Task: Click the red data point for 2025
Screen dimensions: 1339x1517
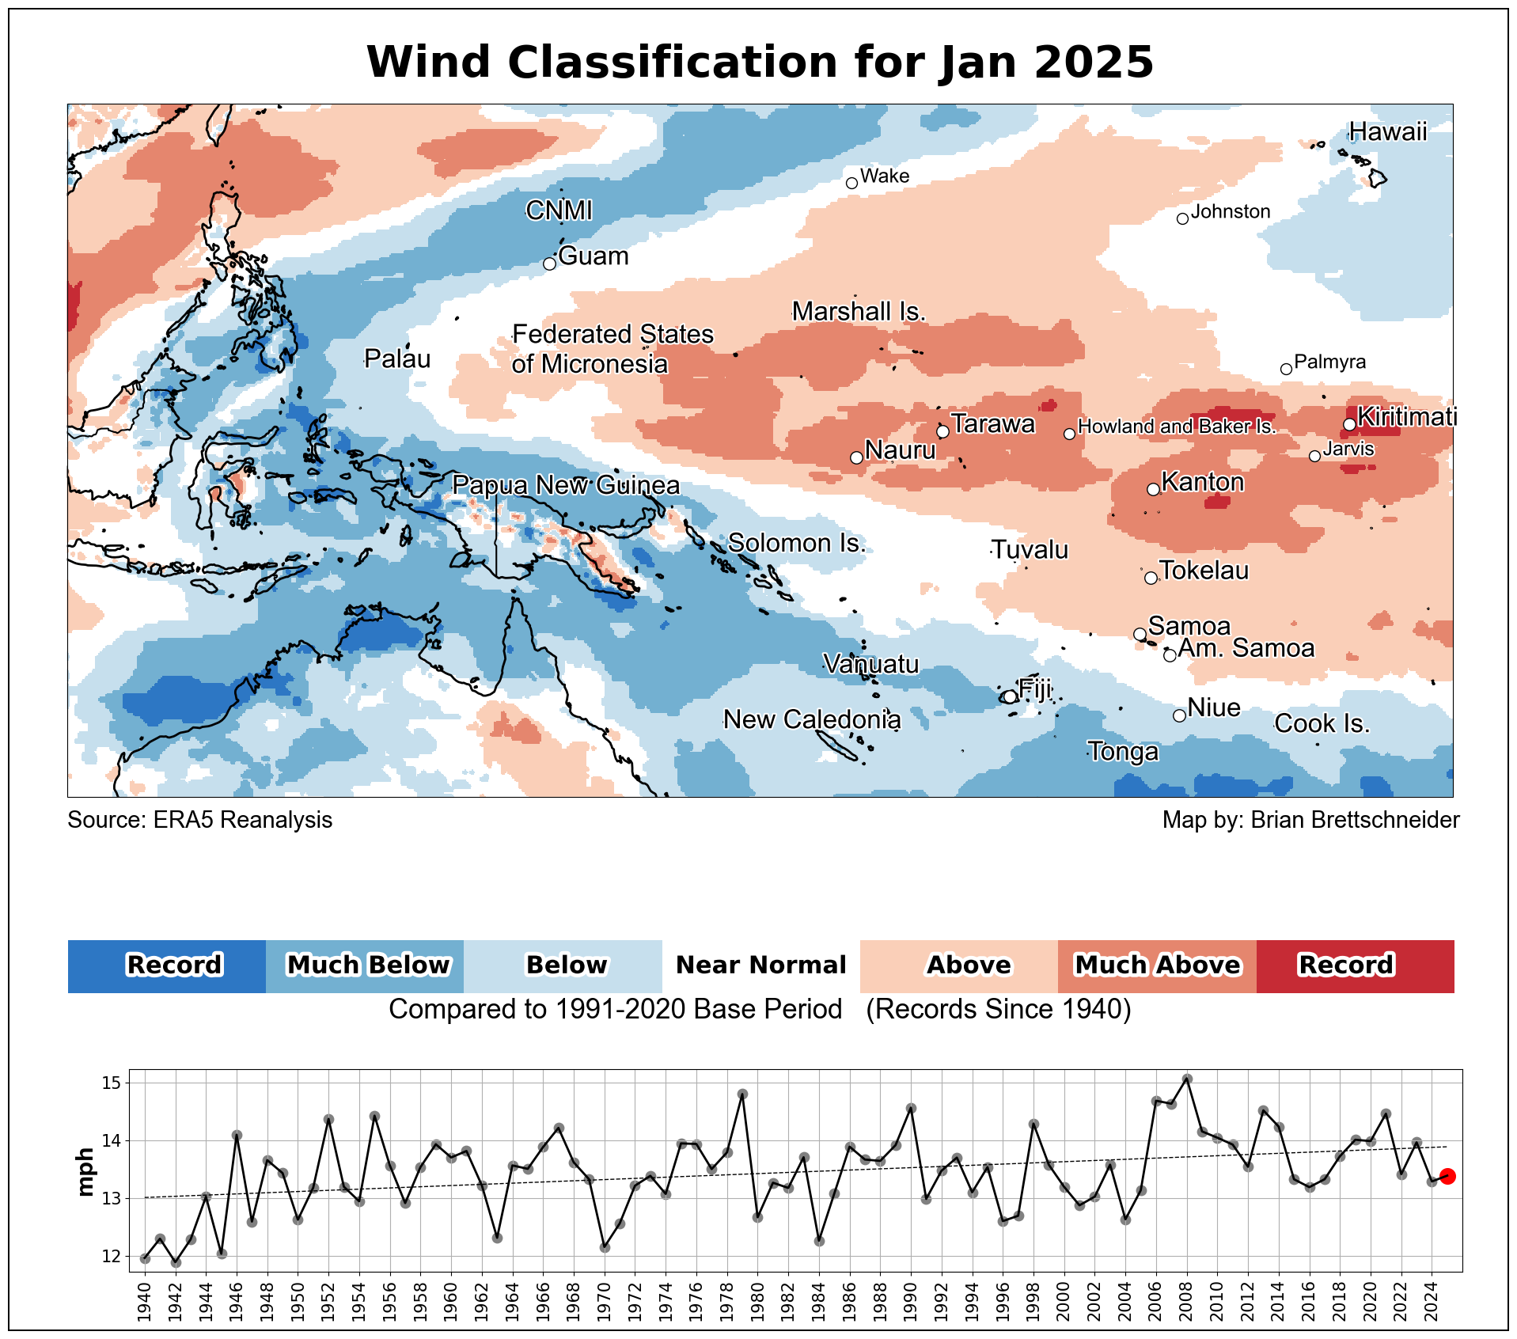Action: tap(1447, 1177)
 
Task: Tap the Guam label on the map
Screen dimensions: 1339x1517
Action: tap(593, 256)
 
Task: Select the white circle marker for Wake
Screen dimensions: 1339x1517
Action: tap(851, 183)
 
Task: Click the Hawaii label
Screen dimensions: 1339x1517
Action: tap(1387, 131)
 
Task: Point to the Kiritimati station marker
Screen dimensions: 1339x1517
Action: tap(1348, 424)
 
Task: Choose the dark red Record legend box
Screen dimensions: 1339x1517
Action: tap(1354, 965)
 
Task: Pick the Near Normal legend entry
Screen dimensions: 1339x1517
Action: tap(760, 965)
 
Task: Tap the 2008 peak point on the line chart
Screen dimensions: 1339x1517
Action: tap(1186, 1079)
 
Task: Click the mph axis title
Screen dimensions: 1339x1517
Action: tap(85, 1172)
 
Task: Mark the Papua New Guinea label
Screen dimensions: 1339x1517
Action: tap(565, 485)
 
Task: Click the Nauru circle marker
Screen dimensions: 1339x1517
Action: tap(855, 457)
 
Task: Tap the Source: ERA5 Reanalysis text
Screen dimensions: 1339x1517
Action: tap(199, 820)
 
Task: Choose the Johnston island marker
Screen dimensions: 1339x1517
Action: tap(1182, 218)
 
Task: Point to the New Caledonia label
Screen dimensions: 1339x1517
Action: tap(812, 719)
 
